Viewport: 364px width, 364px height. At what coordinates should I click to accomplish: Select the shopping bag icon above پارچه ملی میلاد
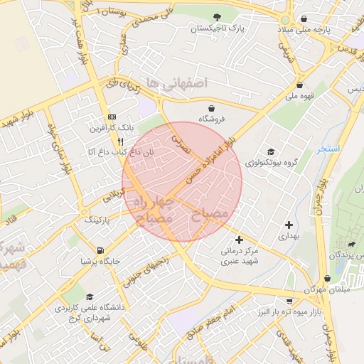[304, 19]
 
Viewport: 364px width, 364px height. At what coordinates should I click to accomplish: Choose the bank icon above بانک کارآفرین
[111, 117]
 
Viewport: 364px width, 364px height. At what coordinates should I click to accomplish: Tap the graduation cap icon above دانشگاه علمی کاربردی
[89, 296]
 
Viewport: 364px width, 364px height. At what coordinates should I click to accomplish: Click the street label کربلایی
[114, 195]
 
